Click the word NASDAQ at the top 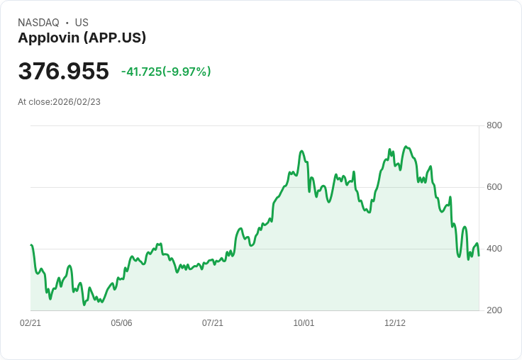coord(38,23)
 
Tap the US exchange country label coord(82,23)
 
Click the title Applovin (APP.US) coord(82,38)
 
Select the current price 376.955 coord(63,72)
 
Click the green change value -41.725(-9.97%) coord(166,72)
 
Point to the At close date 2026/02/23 coord(59,102)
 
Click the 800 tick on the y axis coord(494,125)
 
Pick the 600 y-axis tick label coord(494,187)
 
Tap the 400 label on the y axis coord(494,249)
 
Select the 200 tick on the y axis coord(494,310)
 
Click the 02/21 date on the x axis coord(30,323)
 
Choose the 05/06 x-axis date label coord(121,323)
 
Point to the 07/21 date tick coord(213,323)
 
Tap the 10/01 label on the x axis coord(304,323)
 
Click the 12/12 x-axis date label coord(395,323)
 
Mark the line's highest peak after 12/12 coord(406,147)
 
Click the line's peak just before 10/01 coord(301,151)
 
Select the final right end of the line coord(479,256)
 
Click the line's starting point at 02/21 coord(30,245)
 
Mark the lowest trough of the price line coord(84,305)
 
